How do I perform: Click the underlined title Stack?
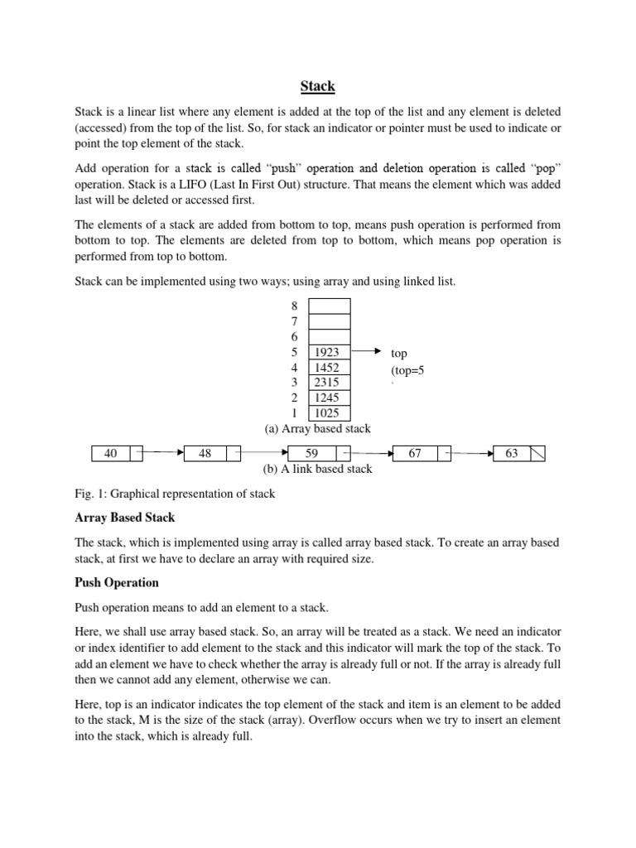click(317, 85)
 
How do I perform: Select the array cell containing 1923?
click(329, 352)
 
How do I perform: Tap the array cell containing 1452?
click(329, 368)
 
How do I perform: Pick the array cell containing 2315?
click(329, 383)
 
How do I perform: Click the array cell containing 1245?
click(329, 397)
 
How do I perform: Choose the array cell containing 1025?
click(329, 413)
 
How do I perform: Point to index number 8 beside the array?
click(294, 306)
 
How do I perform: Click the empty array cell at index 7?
click(329, 321)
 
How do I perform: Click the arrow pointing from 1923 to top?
click(371, 352)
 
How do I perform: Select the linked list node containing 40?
click(111, 454)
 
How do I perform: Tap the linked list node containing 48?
click(205, 454)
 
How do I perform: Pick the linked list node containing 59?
click(311, 454)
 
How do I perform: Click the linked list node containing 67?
click(414, 454)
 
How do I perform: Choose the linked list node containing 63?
click(512, 454)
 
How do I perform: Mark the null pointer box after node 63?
click(537, 454)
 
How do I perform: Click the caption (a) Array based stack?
click(317, 429)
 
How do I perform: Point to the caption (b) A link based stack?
click(317, 469)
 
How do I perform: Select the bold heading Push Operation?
click(117, 582)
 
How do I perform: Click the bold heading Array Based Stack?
click(125, 518)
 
